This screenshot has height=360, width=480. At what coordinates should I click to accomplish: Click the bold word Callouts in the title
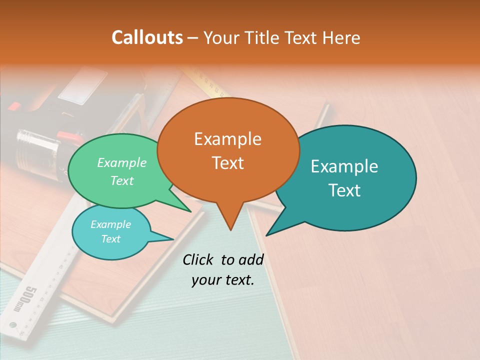click(147, 37)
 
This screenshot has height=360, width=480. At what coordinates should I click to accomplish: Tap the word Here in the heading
click(342, 37)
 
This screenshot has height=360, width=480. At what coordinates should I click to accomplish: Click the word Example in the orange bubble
click(228, 138)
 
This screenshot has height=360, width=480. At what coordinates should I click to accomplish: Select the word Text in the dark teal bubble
click(345, 190)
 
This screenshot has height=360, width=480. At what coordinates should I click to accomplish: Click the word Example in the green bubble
click(122, 162)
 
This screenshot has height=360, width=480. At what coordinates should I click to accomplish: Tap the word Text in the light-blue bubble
click(111, 239)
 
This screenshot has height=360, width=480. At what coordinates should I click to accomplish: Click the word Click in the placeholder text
click(198, 259)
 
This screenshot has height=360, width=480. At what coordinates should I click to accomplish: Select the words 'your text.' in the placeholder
click(223, 280)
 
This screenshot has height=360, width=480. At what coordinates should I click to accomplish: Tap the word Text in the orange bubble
click(228, 163)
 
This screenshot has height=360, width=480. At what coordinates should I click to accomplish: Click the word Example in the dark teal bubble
click(345, 166)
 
